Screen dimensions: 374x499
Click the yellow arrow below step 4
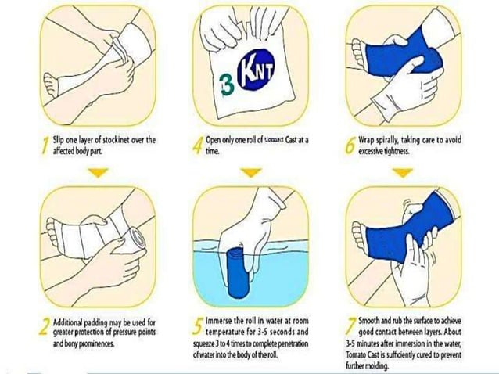pos(249,173)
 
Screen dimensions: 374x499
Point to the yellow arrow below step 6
pos(402,173)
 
